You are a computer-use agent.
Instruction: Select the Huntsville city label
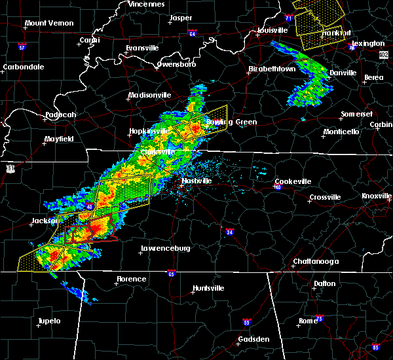208,289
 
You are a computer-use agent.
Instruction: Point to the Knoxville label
377,196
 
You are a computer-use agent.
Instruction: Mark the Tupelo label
48,321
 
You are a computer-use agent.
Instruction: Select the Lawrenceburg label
166,249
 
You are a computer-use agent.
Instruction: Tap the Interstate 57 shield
22,47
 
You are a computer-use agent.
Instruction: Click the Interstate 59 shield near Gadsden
246,323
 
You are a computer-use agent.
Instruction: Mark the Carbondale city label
23,67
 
